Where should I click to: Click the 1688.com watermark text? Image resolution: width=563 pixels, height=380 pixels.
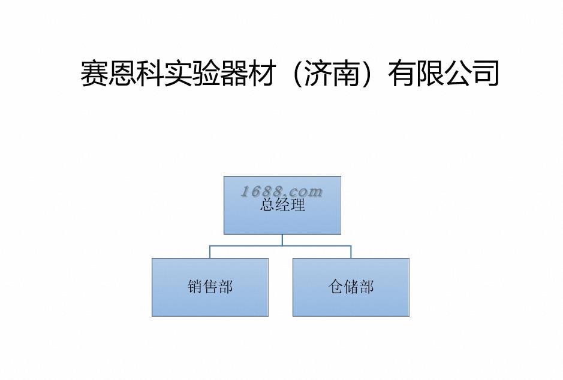click(x=282, y=191)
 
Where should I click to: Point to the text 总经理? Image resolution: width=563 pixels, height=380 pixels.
click(x=282, y=205)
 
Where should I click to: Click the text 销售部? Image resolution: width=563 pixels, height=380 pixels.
click(x=210, y=287)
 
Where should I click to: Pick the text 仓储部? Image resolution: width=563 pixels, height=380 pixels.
click(x=351, y=287)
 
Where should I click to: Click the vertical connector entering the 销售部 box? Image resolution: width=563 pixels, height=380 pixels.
click(x=210, y=251)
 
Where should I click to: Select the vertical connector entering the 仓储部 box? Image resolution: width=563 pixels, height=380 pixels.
click(x=351, y=251)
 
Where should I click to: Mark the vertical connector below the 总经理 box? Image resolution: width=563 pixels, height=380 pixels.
click(x=282, y=239)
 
